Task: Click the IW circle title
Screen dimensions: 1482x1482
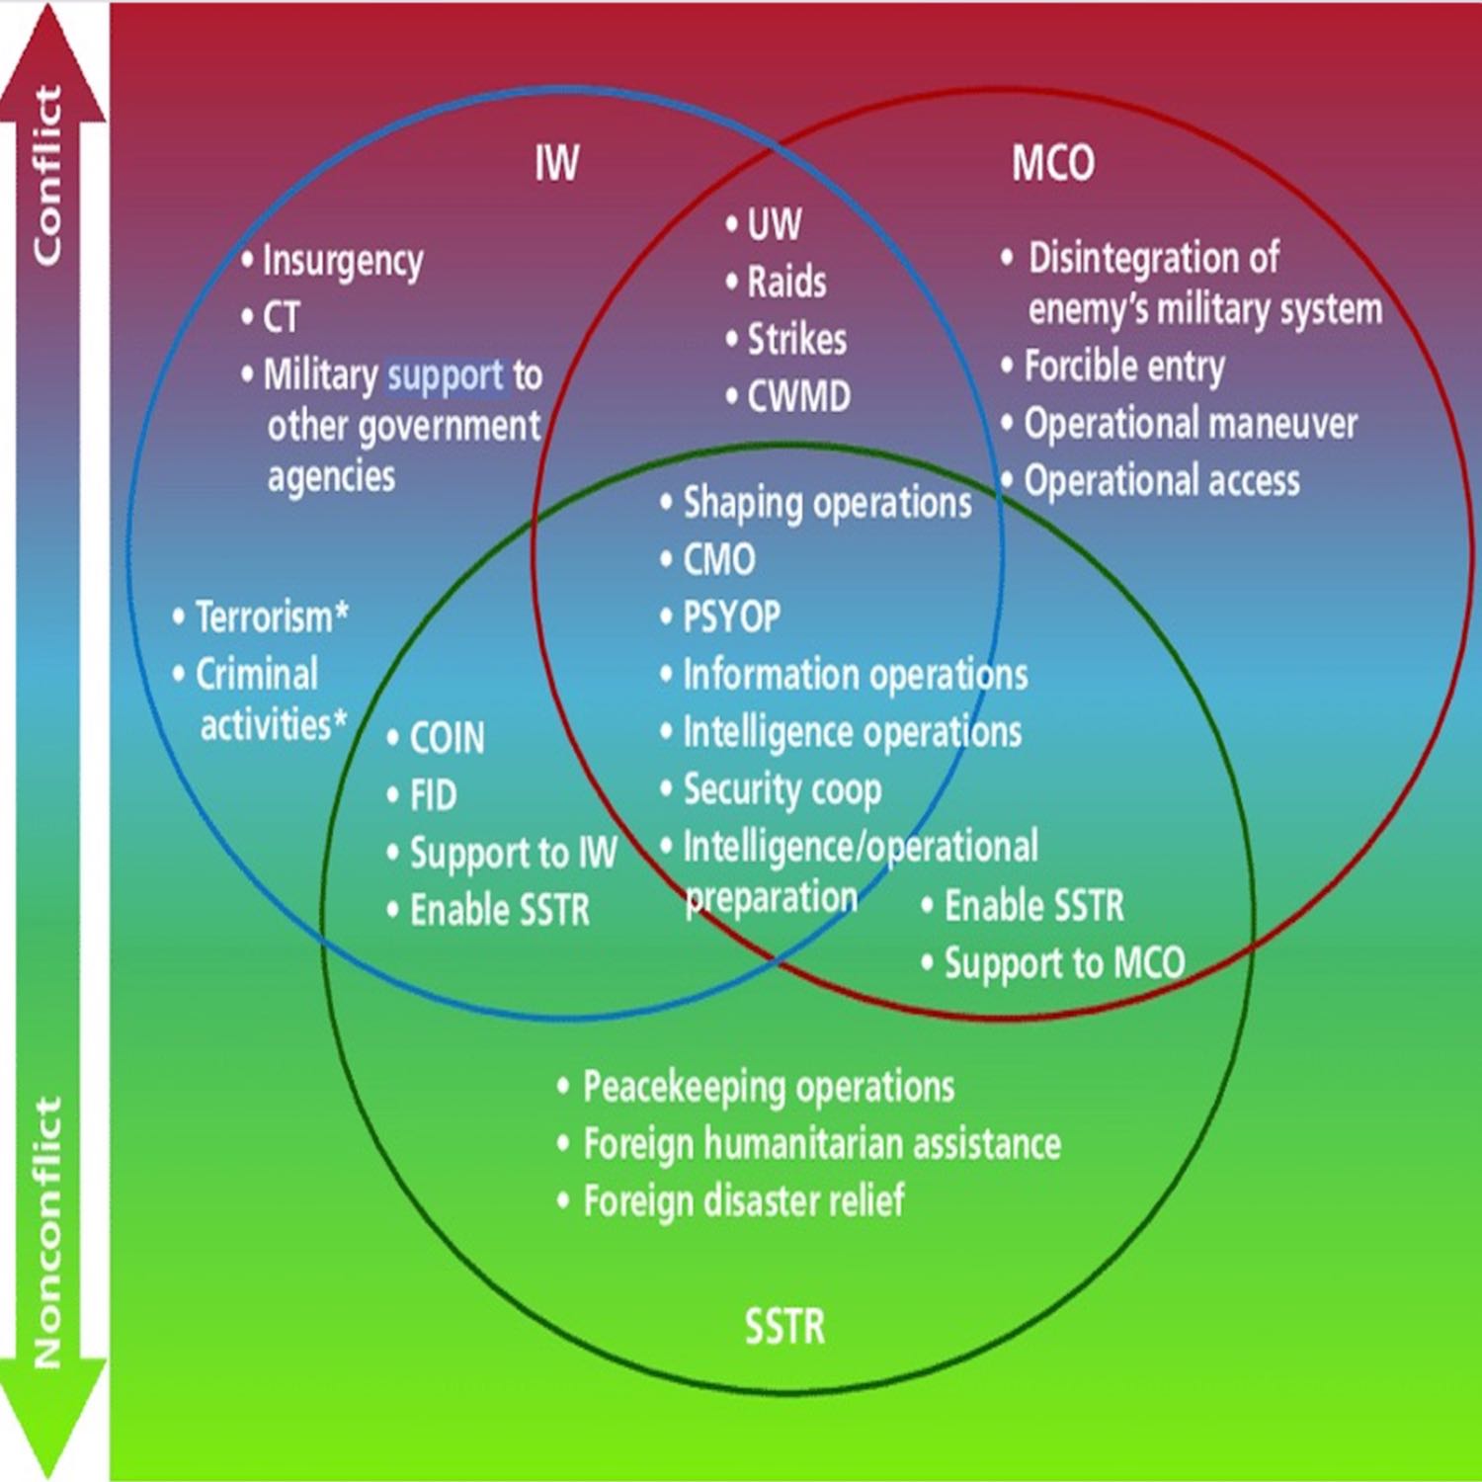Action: [556, 163]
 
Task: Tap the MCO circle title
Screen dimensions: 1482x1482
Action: [1053, 163]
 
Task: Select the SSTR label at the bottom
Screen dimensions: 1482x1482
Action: [784, 1326]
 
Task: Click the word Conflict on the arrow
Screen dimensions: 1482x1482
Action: [47, 176]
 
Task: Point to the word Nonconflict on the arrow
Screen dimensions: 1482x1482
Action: [47, 1232]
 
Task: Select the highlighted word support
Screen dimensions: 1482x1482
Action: [446, 376]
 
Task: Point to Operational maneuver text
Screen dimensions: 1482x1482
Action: [1191, 424]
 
